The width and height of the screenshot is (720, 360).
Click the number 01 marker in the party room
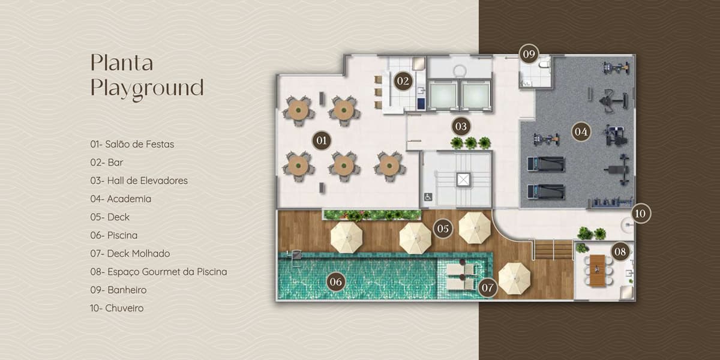pyautogui.click(x=322, y=140)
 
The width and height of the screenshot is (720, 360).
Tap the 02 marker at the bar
pyautogui.click(x=403, y=80)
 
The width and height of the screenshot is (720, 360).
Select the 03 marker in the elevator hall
pyautogui.click(x=461, y=127)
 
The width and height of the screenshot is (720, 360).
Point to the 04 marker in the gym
pyautogui.click(x=581, y=132)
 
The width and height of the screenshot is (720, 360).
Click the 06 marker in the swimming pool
pyautogui.click(x=335, y=282)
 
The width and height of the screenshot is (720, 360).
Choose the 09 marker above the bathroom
pyautogui.click(x=529, y=54)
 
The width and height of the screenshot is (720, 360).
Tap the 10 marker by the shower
pyautogui.click(x=640, y=214)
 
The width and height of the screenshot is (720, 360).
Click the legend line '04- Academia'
pyautogui.click(x=121, y=199)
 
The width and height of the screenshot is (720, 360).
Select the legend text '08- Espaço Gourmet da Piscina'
pyautogui.click(x=158, y=272)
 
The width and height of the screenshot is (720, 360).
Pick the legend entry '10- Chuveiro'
pyautogui.click(x=117, y=308)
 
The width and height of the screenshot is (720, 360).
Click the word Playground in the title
pyautogui.click(x=147, y=88)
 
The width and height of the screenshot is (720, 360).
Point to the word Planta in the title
pyautogui.click(x=122, y=62)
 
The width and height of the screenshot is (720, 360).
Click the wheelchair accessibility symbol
pyautogui.click(x=428, y=197)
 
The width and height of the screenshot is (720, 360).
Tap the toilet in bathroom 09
pyautogui.click(x=545, y=65)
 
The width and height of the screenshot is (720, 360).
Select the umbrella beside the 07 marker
pyautogui.click(x=514, y=278)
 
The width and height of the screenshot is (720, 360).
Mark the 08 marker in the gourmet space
pyautogui.click(x=620, y=251)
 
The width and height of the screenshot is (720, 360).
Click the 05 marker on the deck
pyautogui.click(x=443, y=229)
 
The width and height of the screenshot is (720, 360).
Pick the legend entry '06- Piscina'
pyautogui.click(x=114, y=235)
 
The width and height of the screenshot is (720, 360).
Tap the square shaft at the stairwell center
pyautogui.click(x=463, y=180)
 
